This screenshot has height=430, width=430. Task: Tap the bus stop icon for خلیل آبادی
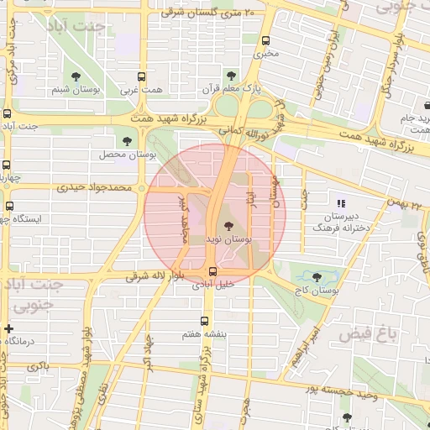pos(212,270)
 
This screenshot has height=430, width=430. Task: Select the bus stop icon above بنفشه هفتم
pos(204,321)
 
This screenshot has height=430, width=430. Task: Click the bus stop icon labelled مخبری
pos(266,40)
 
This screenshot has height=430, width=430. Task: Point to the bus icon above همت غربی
pos(141,76)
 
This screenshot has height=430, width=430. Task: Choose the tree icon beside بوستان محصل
pos(127,141)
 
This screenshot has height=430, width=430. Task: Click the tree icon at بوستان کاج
pos(317,276)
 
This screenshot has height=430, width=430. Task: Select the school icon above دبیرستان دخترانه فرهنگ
pos(340,202)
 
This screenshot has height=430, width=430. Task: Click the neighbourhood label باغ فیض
pos(367,334)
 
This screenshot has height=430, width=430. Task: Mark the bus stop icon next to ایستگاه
pos(9,206)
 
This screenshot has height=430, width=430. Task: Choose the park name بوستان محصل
pos(127,156)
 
